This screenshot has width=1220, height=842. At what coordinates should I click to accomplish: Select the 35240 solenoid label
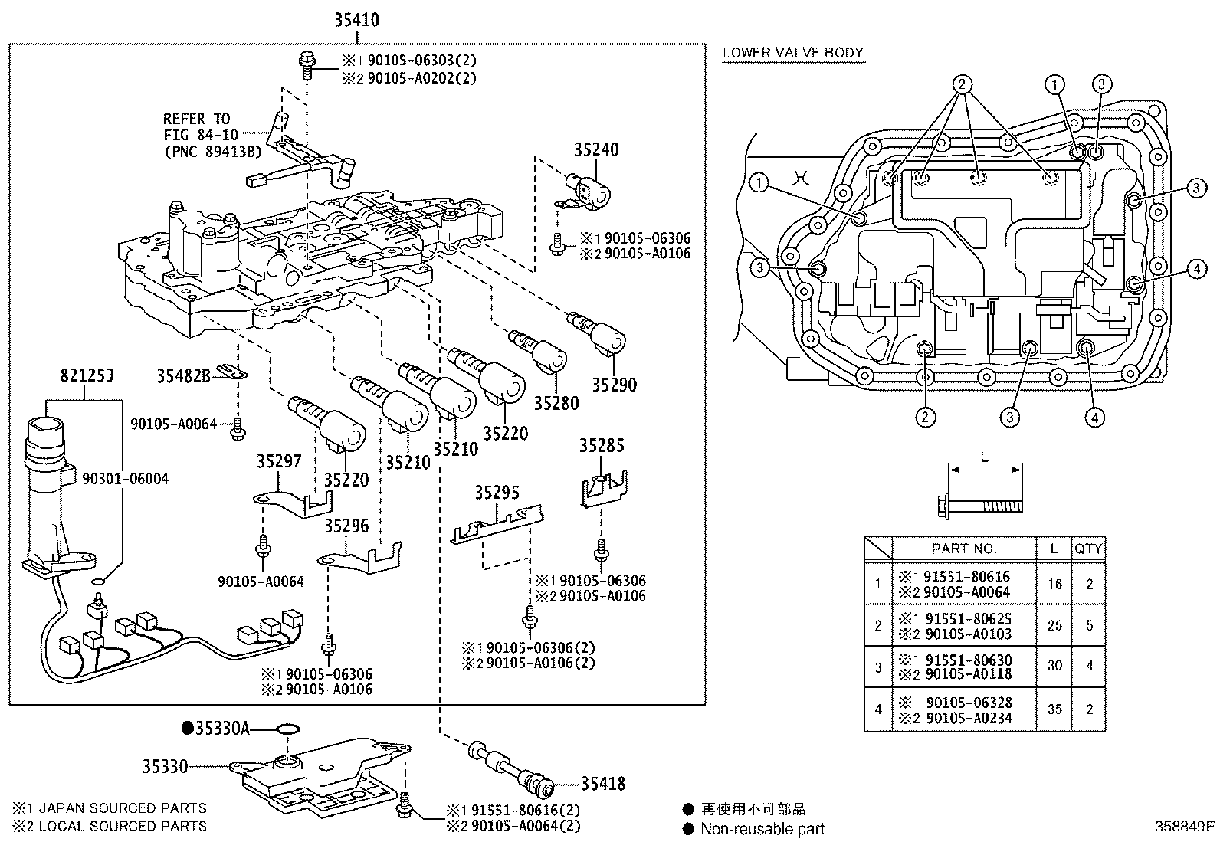(x=596, y=150)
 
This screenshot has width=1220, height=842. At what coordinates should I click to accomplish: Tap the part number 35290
(x=613, y=385)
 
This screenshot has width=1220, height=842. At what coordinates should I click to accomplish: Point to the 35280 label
(x=556, y=403)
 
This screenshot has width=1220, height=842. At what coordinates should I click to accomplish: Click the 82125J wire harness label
(x=87, y=376)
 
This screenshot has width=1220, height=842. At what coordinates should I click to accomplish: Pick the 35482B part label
(x=183, y=375)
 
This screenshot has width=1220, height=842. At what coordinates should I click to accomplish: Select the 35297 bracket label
(x=279, y=461)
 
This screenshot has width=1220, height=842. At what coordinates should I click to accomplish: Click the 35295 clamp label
(x=497, y=492)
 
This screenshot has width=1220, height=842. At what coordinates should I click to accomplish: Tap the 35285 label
(x=602, y=446)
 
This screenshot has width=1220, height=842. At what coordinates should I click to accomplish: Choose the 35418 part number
(x=602, y=783)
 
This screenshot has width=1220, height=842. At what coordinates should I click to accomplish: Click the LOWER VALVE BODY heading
(x=793, y=53)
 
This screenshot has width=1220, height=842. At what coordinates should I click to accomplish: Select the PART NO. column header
(x=963, y=549)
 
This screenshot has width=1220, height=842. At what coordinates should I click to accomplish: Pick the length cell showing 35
(x=1054, y=709)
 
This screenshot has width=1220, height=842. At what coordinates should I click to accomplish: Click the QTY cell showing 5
(x=1089, y=625)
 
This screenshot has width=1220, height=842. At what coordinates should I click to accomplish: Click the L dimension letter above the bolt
(x=985, y=458)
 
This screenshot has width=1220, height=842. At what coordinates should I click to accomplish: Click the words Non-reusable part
(x=763, y=828)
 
